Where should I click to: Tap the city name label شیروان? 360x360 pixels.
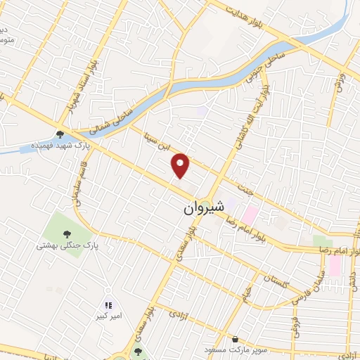click(203, 208)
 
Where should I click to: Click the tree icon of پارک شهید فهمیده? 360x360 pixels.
click(61, 134)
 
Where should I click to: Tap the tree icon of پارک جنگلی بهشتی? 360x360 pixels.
click(67, 234)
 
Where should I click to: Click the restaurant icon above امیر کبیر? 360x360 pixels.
click(108, 305)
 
